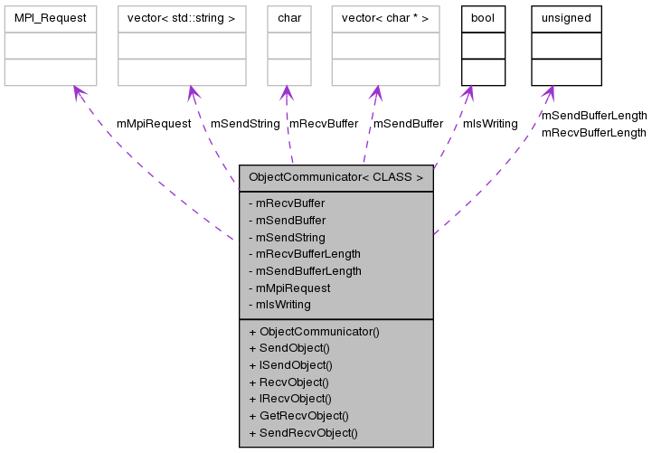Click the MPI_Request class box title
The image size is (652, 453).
(x=50, y=18)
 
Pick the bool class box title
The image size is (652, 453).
(x=483, y=18)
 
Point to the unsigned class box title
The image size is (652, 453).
(x=566, y=18)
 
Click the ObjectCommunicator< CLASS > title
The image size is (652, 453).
(x=335, y=177)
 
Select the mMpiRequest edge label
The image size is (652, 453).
(x=154, y=124)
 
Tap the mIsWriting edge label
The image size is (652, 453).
(x=490, y=124)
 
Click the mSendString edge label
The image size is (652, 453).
(x=245, y=124)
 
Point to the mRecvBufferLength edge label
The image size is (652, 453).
(x=593, y=133)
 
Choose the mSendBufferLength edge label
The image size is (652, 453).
(x=593, y=116)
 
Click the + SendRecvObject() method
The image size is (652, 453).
(x=303, y=433)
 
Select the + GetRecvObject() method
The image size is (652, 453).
(x=298, y=416)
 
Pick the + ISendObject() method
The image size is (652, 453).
(x=290, y=365)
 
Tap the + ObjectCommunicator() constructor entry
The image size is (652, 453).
(x=314, y=332)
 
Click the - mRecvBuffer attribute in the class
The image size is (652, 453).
(x=287, y=203)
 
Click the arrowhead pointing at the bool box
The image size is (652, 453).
(x=467, y=94)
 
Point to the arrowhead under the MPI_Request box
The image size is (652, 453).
(x=80, y=94)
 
